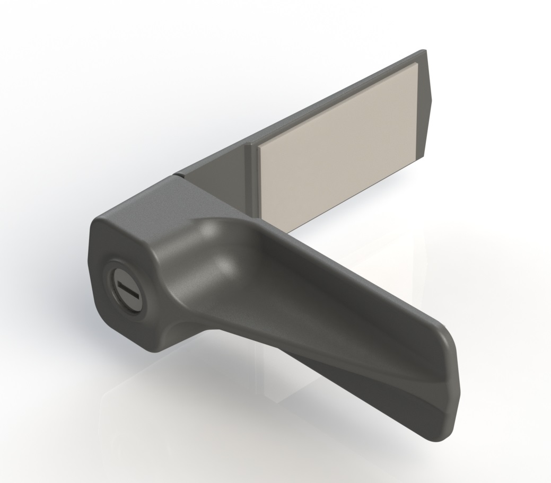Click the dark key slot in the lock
click(x=127, y=289)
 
